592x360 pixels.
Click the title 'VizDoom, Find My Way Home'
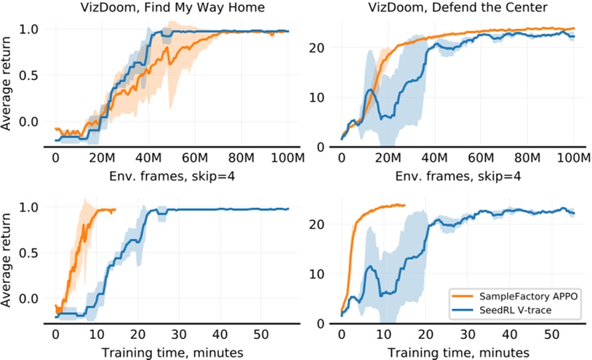[172, 9]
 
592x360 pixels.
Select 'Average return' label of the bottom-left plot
[8, 259]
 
